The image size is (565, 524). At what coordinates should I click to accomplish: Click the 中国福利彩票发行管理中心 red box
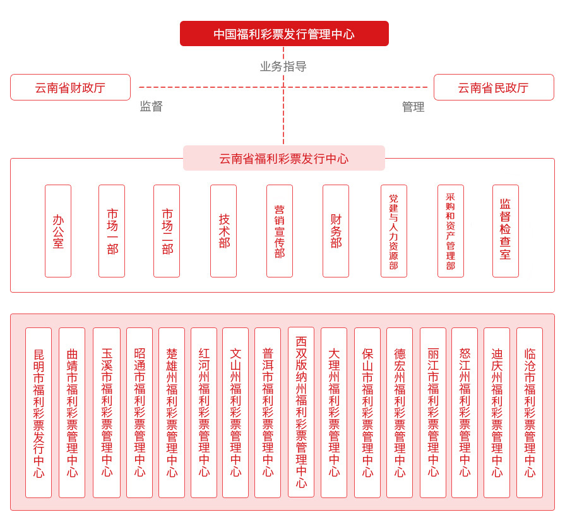(284, 34)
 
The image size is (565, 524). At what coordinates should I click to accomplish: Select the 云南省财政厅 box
(70, 87)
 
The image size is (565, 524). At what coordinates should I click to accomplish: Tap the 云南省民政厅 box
(494, 87)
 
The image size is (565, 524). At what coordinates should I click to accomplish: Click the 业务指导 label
(283, 66)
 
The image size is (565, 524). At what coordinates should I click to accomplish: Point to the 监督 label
(152, 106)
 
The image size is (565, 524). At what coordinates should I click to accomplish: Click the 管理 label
(413, 107)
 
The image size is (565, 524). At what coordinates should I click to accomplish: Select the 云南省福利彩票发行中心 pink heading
(284, 158)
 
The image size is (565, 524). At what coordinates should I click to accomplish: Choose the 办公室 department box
(58, 231)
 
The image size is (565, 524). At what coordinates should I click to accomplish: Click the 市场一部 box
(112, 231)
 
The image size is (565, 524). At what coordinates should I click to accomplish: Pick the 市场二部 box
(167, 231)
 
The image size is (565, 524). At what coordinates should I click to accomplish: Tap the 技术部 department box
(223, 231)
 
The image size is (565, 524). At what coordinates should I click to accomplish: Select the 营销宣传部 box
(280, 231)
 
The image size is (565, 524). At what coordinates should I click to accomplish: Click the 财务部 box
(336, 231)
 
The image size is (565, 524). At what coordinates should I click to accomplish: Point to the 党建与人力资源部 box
(394, 231)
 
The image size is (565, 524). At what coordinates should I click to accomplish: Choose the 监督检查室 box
(506, 231)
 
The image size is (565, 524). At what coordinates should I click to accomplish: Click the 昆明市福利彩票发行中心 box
(39, 412)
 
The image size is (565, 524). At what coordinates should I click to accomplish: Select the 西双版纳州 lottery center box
(301, 411)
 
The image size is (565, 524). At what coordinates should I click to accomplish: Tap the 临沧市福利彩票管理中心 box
(530, 412)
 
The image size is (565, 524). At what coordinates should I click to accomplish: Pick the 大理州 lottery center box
(334, 412)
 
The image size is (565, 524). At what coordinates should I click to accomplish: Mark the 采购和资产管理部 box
(451, 231)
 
